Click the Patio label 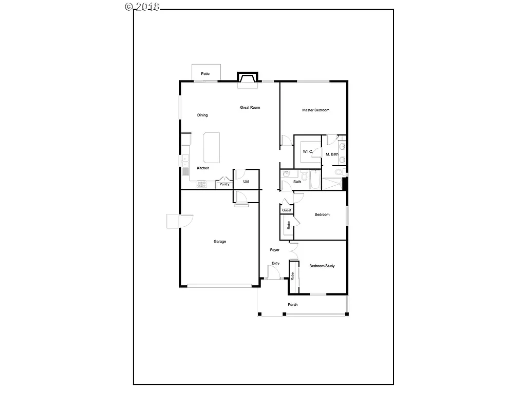205,74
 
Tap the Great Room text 250,108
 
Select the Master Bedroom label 315,110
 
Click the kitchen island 212,147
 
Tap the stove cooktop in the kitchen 201,183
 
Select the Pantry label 224,184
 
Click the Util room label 246,182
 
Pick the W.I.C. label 308,152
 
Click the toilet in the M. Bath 341,173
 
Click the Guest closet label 287,210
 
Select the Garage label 220,242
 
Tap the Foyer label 275,250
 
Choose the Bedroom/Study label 322,266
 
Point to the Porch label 293,305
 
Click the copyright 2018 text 143,6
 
